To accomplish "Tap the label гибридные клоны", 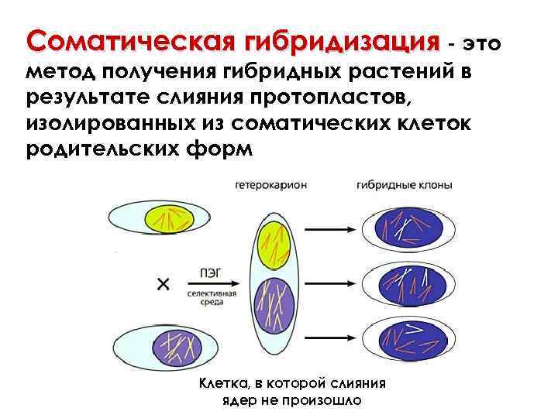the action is (405, 186).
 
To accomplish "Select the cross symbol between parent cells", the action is (164, 285).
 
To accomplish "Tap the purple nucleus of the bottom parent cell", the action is (177, 346).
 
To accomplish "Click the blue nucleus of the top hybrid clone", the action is (408, 229).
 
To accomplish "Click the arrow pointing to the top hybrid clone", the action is (329, 229).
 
